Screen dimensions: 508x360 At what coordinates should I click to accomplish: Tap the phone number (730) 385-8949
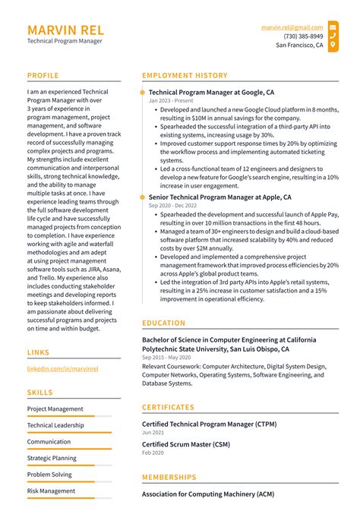click(x=303, y=36)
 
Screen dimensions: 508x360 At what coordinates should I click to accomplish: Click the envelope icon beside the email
click(x=333, y=27)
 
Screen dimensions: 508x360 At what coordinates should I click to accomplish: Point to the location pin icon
click(x=333, y=45)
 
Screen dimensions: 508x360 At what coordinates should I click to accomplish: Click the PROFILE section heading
click(x=43, y=75)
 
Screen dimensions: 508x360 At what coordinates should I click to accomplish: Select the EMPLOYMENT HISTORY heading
click(x=185, y=75)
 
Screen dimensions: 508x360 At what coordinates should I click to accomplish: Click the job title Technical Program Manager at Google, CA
click(x=211, y=92)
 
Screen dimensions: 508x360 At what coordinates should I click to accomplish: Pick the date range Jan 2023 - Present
click(x=171, y=101)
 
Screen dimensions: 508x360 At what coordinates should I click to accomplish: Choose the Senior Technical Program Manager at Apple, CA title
click(x=219, y=197)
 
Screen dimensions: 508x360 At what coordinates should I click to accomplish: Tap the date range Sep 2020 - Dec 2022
click(x=173, y=206)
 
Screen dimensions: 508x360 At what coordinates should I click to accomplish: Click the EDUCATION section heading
click(x=163, y=323)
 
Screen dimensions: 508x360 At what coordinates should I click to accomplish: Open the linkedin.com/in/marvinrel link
click(x=62, y=368)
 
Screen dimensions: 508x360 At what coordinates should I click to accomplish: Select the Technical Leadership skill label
click(x=55, y=425)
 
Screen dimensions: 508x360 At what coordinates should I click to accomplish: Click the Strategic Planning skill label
click(x=52, y=458)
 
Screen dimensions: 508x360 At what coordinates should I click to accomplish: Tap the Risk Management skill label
click(x=51, y=491)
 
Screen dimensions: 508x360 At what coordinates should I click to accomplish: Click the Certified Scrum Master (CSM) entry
click(x=185, y=443)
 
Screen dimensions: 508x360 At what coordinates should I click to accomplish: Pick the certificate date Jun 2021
click(x=153, y=432)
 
